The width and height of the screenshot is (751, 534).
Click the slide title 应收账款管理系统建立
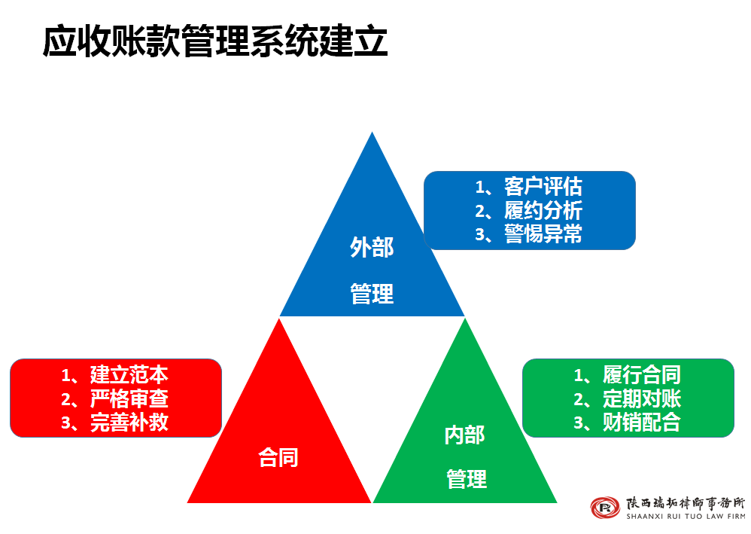[215, 41]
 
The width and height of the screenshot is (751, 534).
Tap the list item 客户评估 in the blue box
[543, 187]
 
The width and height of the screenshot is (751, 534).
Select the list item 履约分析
[543, 210]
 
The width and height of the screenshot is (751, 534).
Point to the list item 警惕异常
[543, 234]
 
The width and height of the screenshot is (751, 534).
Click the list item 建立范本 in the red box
[129, 374]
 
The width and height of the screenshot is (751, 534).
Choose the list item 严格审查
[129, 398]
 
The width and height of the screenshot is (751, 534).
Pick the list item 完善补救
[129, 422]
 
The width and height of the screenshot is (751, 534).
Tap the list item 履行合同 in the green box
[642, 374]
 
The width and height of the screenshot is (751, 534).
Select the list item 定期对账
[642, 398]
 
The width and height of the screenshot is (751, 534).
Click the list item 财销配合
[642, 422]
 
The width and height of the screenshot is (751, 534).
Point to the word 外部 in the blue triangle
[372, 247]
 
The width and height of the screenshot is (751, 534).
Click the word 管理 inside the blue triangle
[372, 294]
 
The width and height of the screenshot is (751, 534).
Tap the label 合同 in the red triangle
[278, 457]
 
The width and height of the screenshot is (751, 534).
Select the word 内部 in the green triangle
[464, 435]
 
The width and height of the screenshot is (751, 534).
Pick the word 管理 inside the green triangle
[467, 479]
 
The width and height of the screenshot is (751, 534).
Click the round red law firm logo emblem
[605, 508]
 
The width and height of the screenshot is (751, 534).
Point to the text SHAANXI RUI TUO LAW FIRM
[686, 516]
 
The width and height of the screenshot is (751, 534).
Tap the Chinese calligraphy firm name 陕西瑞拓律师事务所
[686, 503]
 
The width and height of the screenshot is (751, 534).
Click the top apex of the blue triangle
[372, 133]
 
